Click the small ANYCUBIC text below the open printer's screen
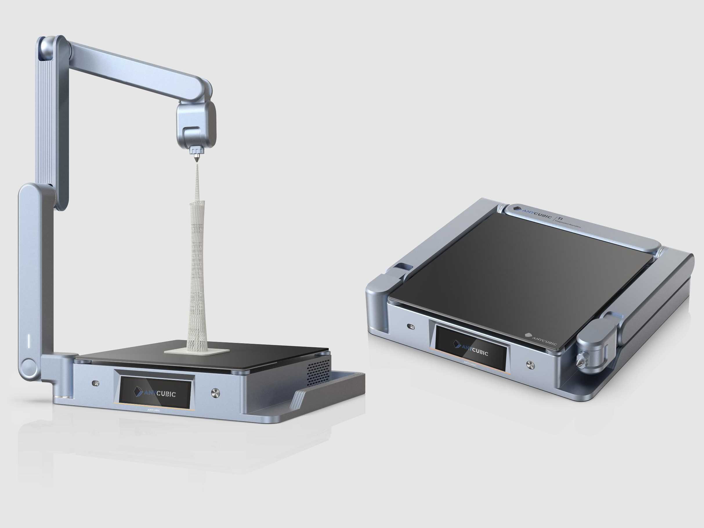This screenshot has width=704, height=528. point(154,410)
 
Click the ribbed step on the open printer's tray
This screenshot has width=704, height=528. point(298,399)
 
